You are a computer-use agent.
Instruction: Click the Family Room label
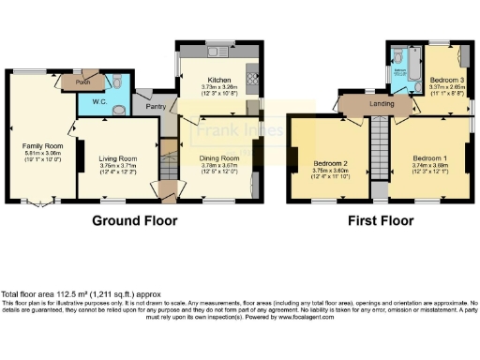click(41, 146)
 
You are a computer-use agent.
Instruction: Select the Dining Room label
click(219, 158)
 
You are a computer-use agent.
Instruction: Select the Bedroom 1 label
click(430, 157)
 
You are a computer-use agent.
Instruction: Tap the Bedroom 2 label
click(331, 163)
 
